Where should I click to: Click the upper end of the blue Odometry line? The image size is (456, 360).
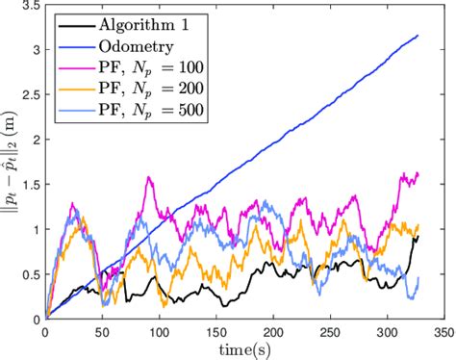(418, 36)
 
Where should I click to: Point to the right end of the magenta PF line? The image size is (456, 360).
(419, 173)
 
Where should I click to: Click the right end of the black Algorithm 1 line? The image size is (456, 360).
(418, 236)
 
